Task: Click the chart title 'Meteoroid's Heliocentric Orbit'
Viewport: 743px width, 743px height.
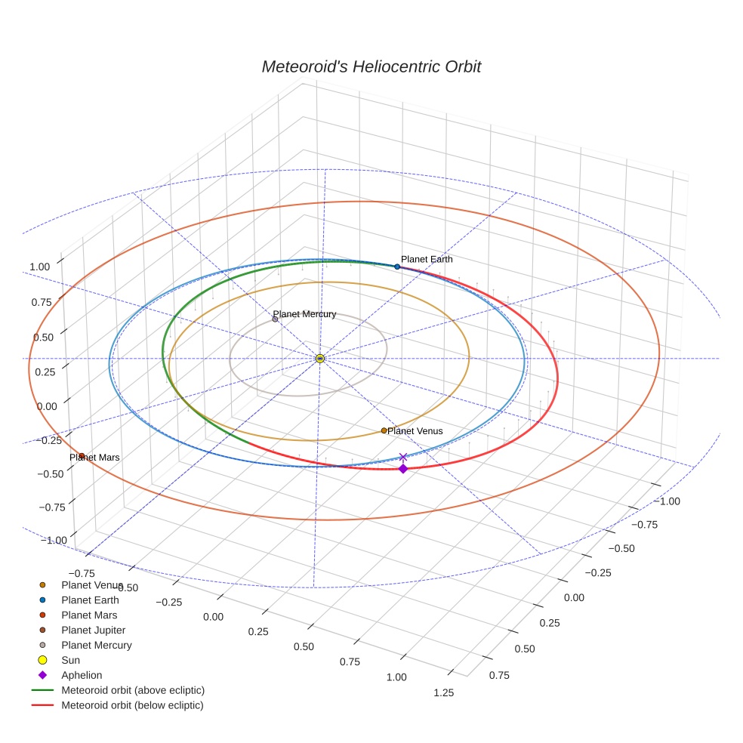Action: pyautogui.click(x=371, y=66)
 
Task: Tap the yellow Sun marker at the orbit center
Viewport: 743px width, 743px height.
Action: pyautogui.click(x=320, y=358)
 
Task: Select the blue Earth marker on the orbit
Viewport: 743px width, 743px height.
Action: pyautogui.click(x=397, y=267)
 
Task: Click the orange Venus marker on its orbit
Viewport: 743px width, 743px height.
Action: pyautogui.click(x=384, y=430)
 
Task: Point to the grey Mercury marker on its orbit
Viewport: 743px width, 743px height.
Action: pyautogui.click(x=275, y=319)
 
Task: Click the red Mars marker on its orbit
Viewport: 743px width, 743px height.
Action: pyautogui.click(x=81, y=455)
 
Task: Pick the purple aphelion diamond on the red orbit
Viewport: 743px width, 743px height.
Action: pyautogui.click(x=402, y=469)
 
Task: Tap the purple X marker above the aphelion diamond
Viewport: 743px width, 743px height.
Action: pyautogui.click(x=402, y=457)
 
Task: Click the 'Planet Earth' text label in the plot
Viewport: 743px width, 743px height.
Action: pyautogui.click(x=427, y=259)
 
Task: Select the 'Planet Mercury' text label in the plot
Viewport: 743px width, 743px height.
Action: pyautogui.click(x=304, y=313)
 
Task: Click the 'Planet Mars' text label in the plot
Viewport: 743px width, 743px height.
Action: pyautogui.click(x=95, y=458)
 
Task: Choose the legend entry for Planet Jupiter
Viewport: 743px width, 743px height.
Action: pyautogui.click(x=93, y=630)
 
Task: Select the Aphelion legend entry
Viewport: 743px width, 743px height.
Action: pyautogui.click(x=81, y=675)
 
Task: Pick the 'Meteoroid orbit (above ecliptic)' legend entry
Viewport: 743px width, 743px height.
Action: pyautogui.click(x=132, y=690)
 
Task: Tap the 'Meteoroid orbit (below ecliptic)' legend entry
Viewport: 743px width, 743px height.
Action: pyautogui.click(x=132, y=705)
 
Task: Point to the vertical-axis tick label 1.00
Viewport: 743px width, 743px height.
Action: pyautogui.click(x=39, y=267)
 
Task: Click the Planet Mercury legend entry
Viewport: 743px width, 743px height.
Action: pyautogui.click(x=96, y=645)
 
